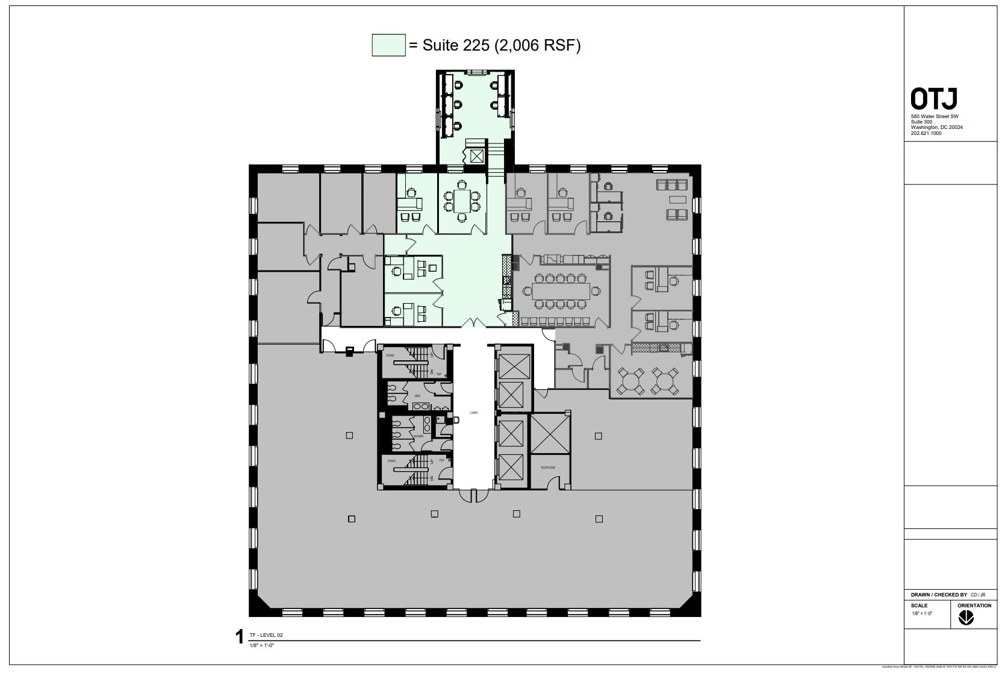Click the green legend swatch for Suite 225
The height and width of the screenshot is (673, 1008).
pos(388,45)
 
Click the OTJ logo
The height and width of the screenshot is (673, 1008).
pos(933,99)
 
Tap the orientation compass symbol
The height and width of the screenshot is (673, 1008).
pos(966,618)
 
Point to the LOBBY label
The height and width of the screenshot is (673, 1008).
pos(474,413)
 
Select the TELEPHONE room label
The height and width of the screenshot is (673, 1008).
pos(547,468)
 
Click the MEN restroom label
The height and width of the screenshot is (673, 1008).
pos(417,396)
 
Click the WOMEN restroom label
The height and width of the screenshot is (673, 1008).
pos(418,436)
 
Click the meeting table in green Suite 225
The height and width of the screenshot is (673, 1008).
pos(462,199)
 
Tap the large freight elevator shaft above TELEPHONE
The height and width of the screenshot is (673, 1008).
pos(550,433)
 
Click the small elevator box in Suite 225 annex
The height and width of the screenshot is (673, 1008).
pos(477,157)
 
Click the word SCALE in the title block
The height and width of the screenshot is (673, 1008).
pos(919,606)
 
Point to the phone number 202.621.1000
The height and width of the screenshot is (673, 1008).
pos(926,133)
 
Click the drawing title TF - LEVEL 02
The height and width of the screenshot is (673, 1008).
pos(266,635)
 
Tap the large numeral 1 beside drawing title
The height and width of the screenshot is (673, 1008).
pos(239,637)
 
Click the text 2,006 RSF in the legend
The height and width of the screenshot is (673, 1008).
pos(537,45)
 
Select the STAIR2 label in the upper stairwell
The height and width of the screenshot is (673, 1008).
pos(390,355)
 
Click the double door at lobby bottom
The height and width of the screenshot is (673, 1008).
pos(473,495)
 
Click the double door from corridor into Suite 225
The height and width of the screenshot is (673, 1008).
pos(474,324)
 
